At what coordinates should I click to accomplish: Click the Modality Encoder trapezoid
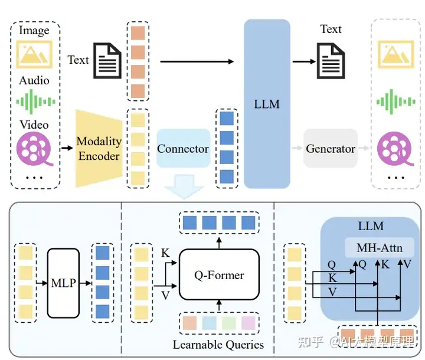click(99, 149)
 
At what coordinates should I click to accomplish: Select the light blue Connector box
click(184, 148)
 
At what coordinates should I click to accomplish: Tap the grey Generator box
click(331, 148)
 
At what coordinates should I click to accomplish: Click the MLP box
click(63, 283)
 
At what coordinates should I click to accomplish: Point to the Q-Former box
click(219, 274)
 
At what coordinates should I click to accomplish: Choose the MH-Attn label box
click(380, 247)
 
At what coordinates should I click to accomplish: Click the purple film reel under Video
click(34, 148)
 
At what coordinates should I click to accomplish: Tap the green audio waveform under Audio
click(35, 102)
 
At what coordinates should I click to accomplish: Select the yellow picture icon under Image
click(34, 54)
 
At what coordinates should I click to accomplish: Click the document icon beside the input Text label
click(107, 61)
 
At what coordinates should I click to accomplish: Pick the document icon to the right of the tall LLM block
click(331, 61)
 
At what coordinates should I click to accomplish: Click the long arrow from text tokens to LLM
click(197, 61)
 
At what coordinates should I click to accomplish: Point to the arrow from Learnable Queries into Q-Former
click(219, 306)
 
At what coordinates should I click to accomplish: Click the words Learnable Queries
click(218, 345)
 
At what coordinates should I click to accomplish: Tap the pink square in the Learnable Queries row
click(249, 323)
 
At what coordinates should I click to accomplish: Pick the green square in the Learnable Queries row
click(229, 323)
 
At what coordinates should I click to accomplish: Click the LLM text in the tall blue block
click(267, 104)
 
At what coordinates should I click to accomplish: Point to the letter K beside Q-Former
click(165, 253)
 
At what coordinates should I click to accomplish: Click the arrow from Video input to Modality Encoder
click(67, 148)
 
